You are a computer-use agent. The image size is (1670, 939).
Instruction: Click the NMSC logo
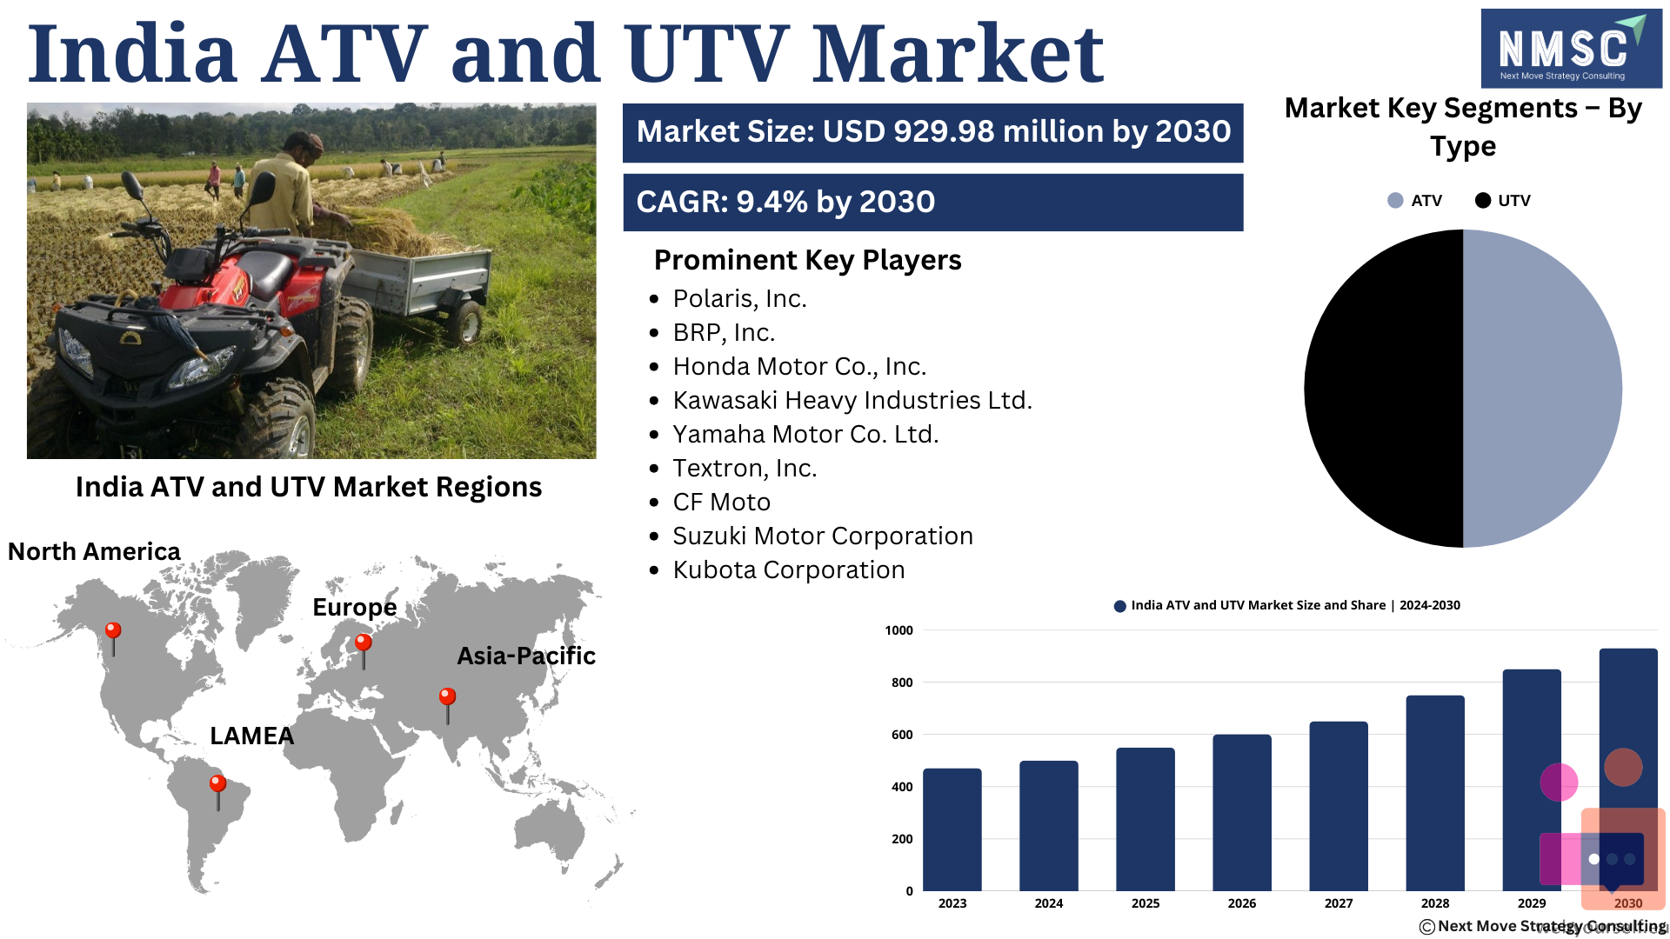[1571, 49]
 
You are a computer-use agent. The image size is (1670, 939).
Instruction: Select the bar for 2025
[1146, 819]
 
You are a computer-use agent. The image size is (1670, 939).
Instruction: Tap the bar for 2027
[1339, 806]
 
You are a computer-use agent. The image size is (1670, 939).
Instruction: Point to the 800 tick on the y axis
[902, 683]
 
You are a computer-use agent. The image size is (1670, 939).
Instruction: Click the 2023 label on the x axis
[952, 903]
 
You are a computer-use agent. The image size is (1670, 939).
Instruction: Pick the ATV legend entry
[1415, 201]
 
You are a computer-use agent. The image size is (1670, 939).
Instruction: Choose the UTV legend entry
[1503, 201]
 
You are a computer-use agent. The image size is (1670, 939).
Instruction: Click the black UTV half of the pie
[1384, 389]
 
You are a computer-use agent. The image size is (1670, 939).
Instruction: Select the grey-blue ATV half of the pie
[1542, 389]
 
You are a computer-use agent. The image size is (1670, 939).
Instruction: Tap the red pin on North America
[113, 638]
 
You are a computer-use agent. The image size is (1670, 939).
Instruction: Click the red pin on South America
[217, 792]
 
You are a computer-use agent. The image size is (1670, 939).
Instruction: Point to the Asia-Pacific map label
[526, 656]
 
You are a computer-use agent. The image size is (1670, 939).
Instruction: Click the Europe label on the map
[355, 607]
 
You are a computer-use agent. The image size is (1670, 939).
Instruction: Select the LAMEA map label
[252, 736]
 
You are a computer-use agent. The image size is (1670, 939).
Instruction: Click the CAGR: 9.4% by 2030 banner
[933, 203]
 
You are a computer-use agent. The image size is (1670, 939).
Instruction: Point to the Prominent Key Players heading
[807, 260]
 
